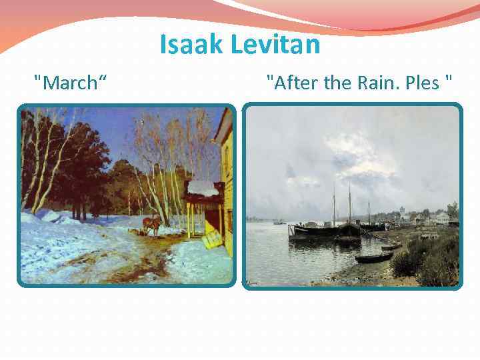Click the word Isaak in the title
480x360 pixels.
(x=192, y=45)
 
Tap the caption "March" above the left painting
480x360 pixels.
(x=72, y=83)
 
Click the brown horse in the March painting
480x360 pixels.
(x=154, y=225)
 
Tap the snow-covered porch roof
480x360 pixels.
(x=203, y=188)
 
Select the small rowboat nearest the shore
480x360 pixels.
(x=373, y=257)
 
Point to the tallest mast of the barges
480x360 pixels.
(x=349, y=200)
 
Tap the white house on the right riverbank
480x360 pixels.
(x=441, y=217)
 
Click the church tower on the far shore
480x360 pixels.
(x=403, y=212)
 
